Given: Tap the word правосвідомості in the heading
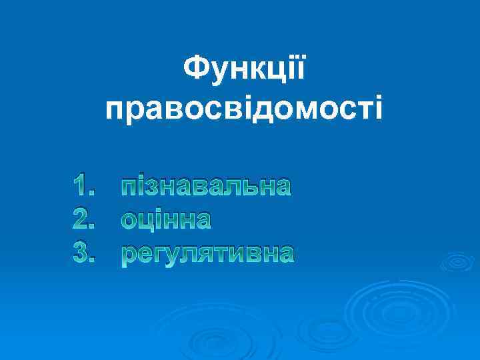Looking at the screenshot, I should pyautogui.click(x=244, y=107).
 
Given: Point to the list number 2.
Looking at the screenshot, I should pyautogui.click(x=89, y=219).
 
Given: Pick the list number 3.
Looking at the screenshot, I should pyautogui.click(x=89, y=253).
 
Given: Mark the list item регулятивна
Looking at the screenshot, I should pyautogui.click(x=207, y=254).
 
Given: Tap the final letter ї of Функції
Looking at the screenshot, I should pyautogui.click(x=301, y=69).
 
